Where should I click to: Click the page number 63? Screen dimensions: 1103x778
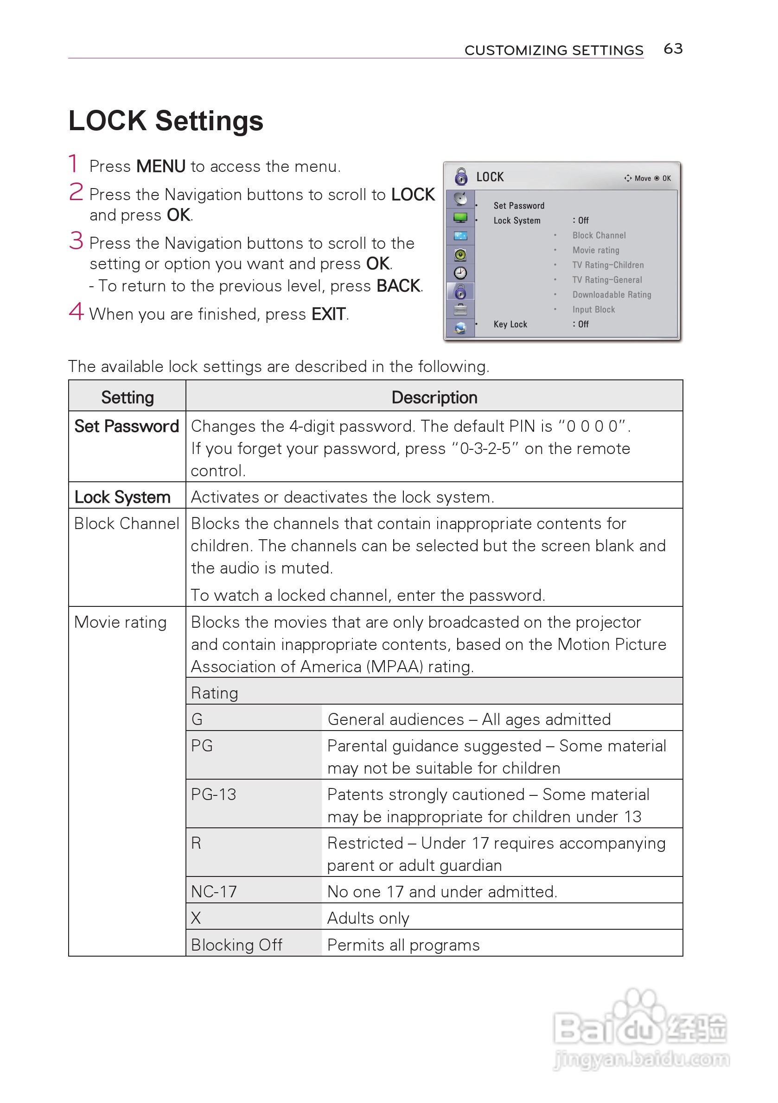[673, 49]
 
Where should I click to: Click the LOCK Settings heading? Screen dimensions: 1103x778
[166, 120]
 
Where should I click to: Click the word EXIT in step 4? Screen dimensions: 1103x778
[328, 314]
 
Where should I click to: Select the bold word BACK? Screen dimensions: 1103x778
[398, 286]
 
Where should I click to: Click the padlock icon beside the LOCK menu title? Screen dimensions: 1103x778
[461, 177]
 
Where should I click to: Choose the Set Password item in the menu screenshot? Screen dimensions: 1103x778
[519, 206]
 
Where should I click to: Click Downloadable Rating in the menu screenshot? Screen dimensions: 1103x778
[612, 295]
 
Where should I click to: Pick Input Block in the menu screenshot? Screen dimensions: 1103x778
[593, 309]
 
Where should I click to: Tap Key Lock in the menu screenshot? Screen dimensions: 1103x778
[510, 324]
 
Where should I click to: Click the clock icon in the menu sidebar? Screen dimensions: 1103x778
[460, 273]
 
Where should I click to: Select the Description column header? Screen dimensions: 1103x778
[434, 397]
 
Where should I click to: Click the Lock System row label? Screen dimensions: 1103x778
[122, 497]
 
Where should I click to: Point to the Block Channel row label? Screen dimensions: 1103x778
[127, 523]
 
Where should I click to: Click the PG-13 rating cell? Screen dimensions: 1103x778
[214, 794]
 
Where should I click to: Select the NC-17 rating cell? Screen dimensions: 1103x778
[214, 892]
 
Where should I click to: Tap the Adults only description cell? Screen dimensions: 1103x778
[368, 918]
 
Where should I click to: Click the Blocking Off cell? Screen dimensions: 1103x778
[236, 945]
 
